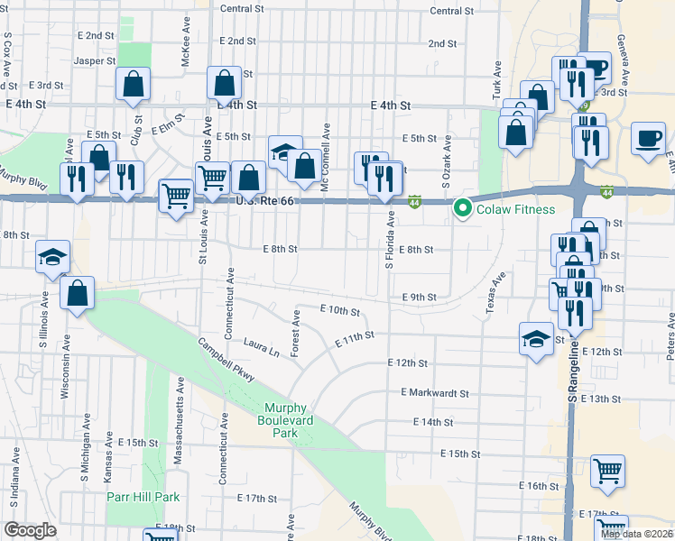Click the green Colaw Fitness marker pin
464,209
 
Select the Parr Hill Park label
143,497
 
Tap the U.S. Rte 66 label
266,200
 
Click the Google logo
31,530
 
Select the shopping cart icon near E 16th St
607,470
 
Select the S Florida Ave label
391,239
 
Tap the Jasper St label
96,61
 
